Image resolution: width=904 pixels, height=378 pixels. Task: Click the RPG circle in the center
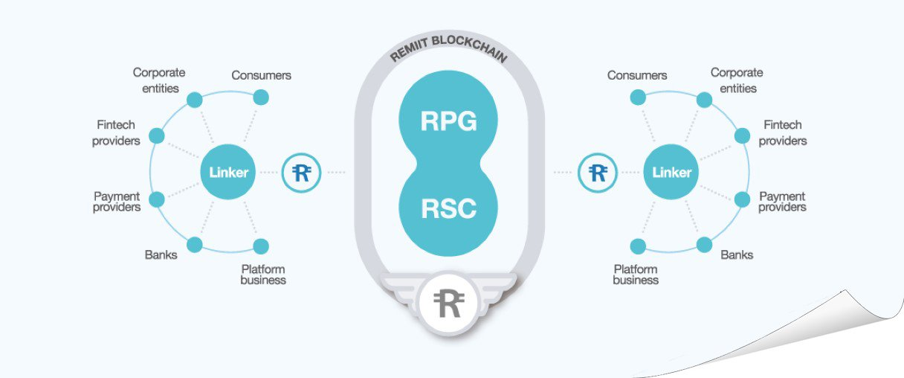click(x=448, y=120)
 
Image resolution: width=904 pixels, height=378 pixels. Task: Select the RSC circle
click(x=448, y=208)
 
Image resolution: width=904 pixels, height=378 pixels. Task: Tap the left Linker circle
click(x=228, y=172)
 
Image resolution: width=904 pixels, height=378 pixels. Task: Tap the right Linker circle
click(x=671, y=172)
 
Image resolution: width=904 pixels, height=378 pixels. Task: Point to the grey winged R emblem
click(x=448, y=303)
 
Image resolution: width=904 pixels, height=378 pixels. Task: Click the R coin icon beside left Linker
click(x=302, y=173)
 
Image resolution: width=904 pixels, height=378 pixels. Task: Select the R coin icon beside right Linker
click(x=598, y=173)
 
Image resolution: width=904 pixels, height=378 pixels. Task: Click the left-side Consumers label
click(x=261, y=75)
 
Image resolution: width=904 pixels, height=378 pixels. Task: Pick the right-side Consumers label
click(x=637, y=75)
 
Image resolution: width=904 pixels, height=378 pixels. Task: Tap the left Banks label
click(x=161, y=254)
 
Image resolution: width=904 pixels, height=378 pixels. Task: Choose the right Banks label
click(x=737, y=254)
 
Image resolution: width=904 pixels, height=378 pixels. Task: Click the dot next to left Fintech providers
click(x=157, y=135)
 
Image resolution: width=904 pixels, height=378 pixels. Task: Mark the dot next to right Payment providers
click(x=742, y=199)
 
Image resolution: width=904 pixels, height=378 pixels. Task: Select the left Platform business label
click(x=263, y=275)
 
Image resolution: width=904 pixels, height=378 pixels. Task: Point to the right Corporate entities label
click(x=737, y=80)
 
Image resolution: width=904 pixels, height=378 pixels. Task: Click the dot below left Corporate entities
click(x=195, y=100)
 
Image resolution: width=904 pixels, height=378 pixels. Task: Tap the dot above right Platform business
click(x=638, y=246)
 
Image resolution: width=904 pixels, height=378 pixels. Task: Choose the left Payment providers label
click(x=117, y=202)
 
